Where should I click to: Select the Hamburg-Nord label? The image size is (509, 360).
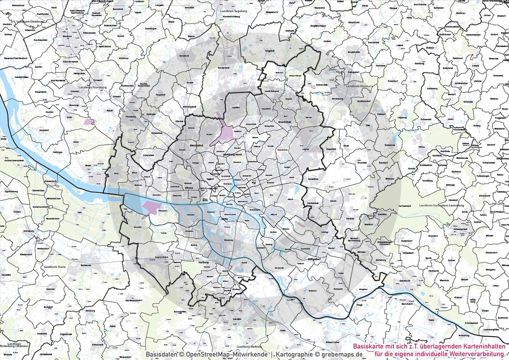tap(232, 156)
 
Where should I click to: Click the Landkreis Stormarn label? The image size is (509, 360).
tap(359, 86)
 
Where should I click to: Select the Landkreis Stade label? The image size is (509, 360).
tap(55, 267)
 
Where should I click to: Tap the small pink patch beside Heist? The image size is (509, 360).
tap(89, 121)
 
